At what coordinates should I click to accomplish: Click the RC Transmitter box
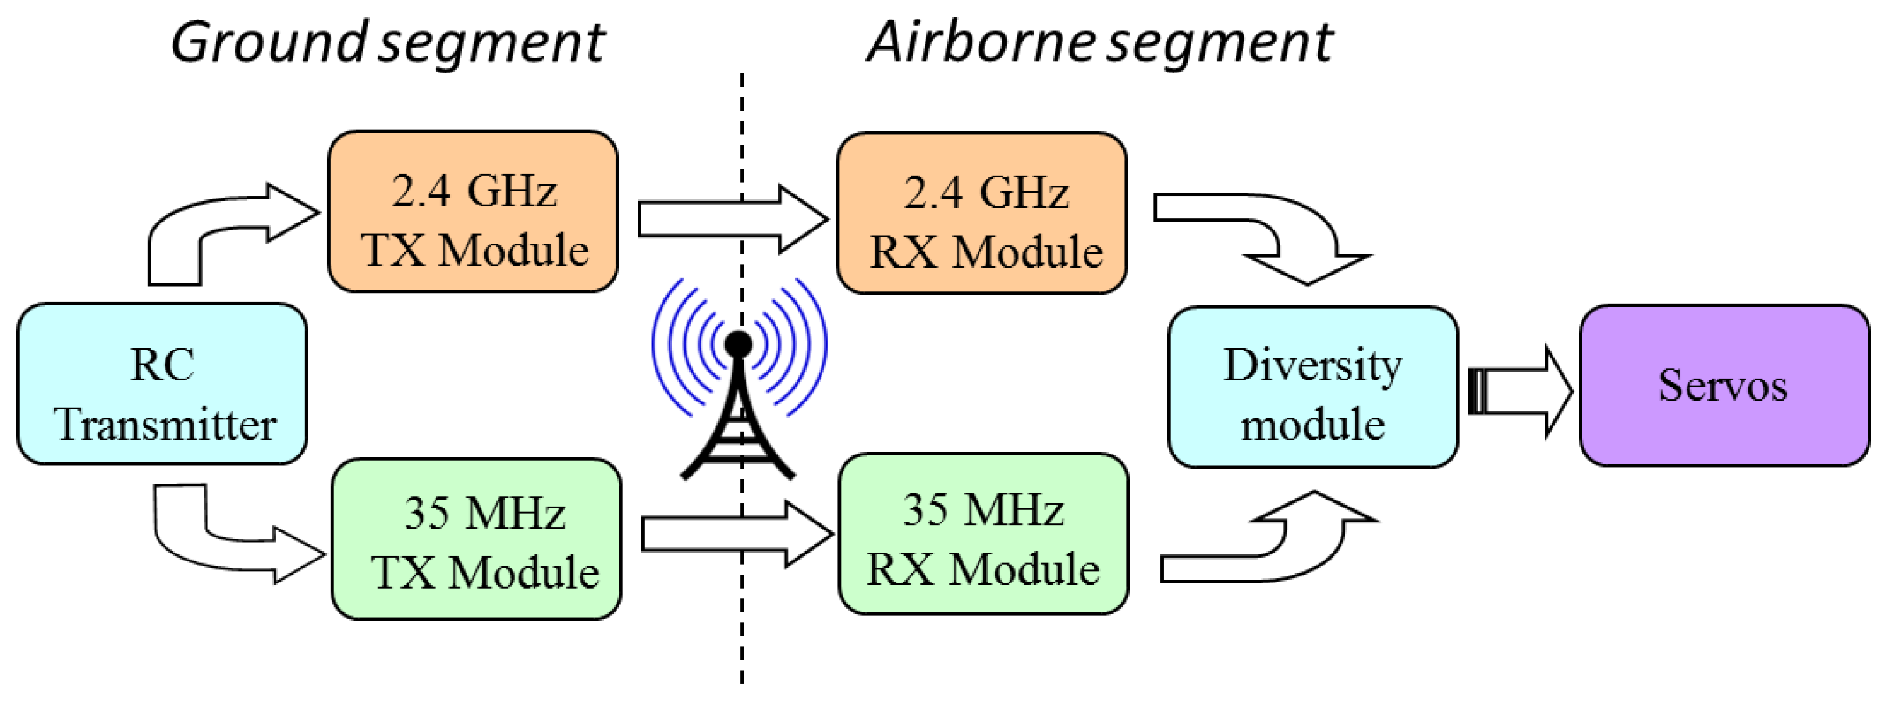pos(162,384)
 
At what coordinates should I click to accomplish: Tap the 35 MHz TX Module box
pos(477,539)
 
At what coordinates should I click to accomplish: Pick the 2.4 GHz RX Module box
pos(982,213)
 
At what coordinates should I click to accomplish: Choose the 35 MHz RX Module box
pos(984,534)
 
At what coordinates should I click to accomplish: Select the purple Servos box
pos(1724,386)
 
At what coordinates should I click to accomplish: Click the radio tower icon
pos(737,424)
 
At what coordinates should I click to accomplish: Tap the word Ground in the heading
pos(267,42)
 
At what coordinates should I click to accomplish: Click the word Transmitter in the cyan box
pos(165,424)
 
